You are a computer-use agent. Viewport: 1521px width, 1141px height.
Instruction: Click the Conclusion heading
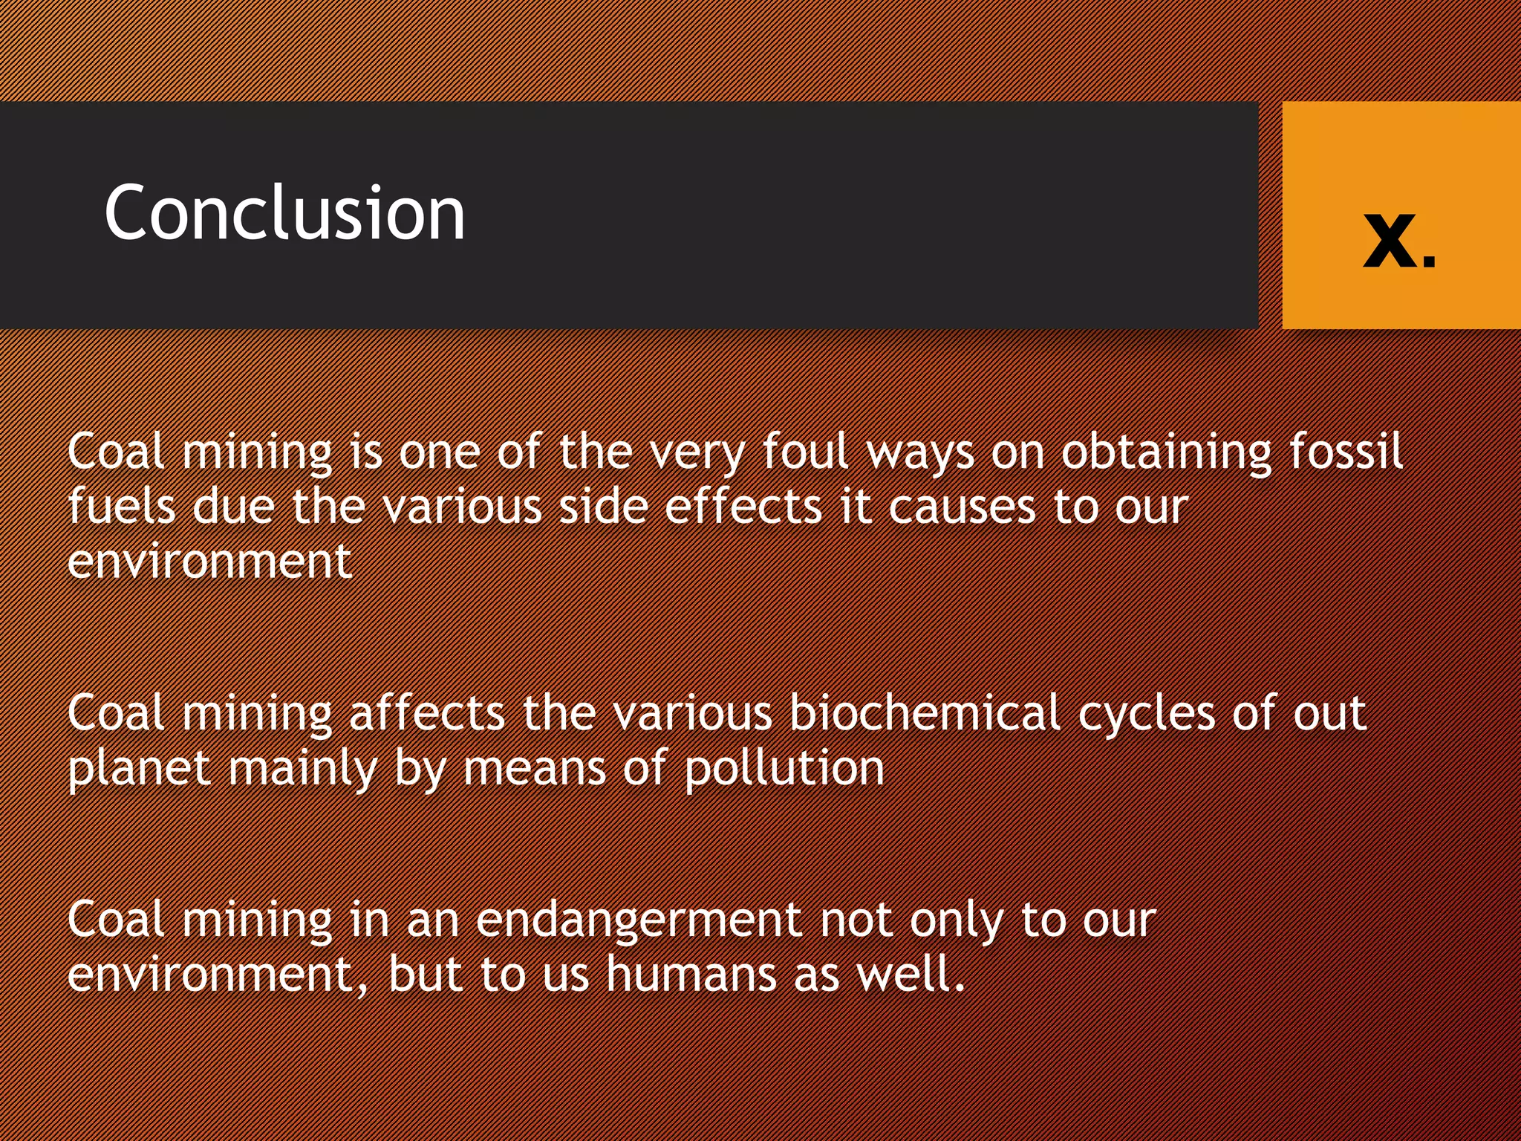click(284, 213)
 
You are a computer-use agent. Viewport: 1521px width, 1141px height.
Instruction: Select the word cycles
click(1146, 712)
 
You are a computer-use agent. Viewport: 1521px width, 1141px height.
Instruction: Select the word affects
click(427, 712)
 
